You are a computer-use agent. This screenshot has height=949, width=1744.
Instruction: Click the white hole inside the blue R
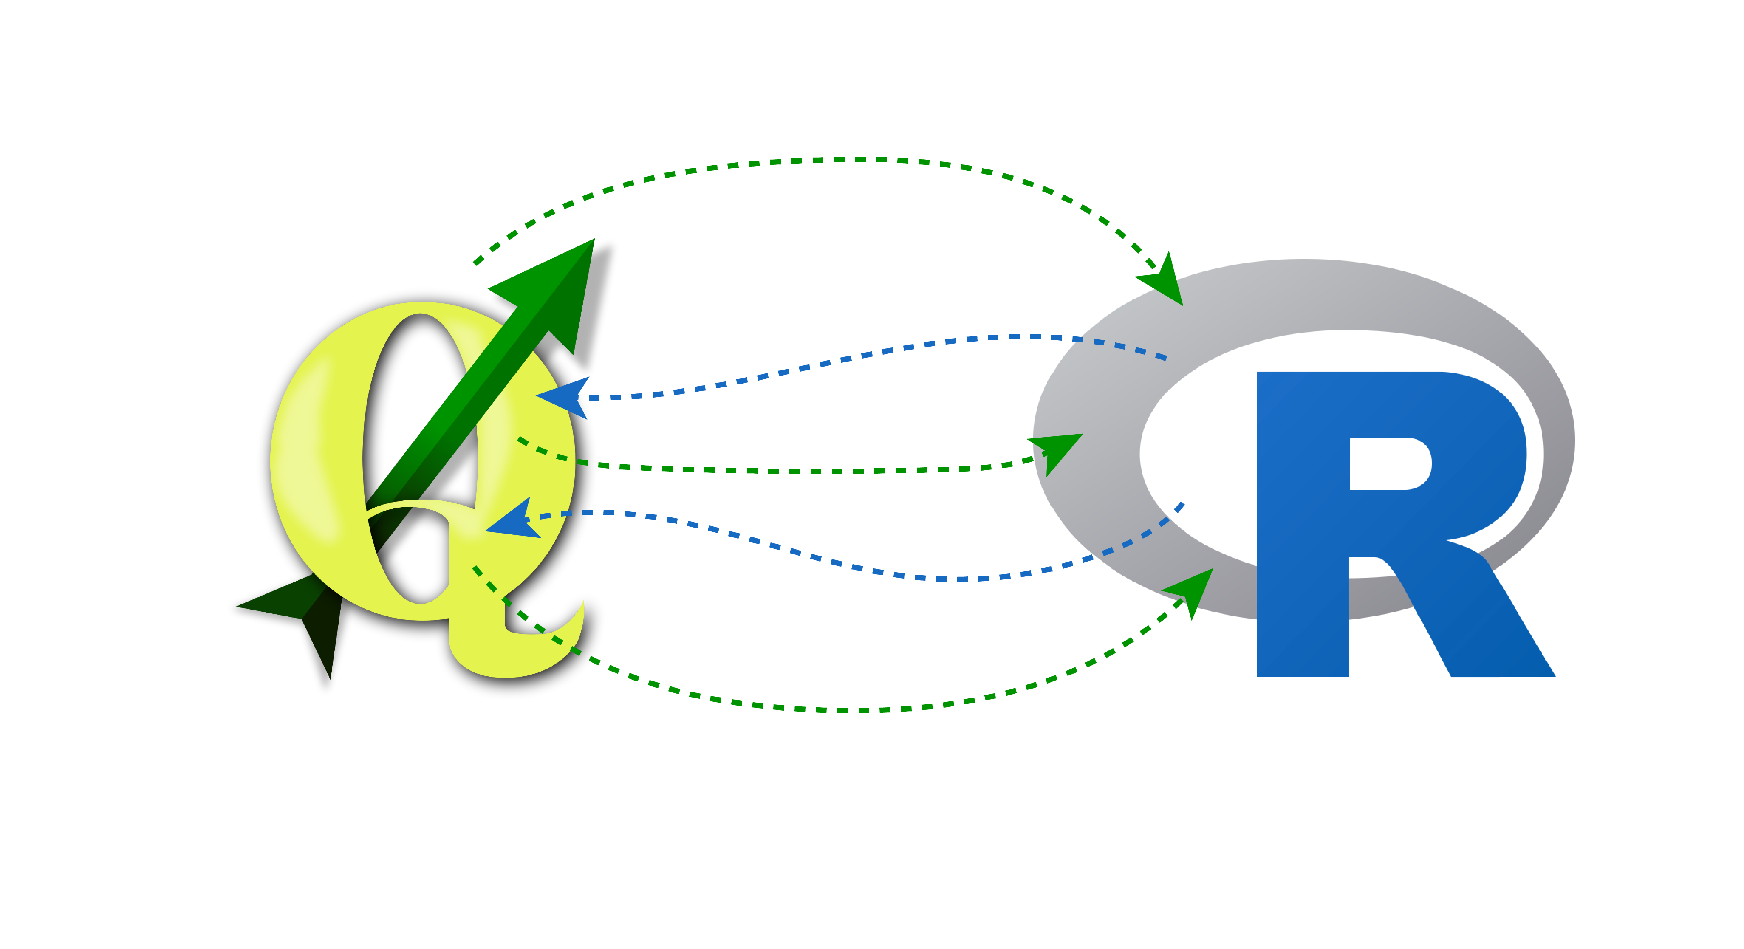click(x=1388, y=464)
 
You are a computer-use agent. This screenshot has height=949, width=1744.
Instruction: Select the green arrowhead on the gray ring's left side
click(x=1056, y=450)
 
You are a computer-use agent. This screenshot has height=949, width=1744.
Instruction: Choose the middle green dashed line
click(x=812, y=470)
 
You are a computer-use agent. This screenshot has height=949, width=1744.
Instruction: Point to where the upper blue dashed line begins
click(x=1165, y=357)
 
